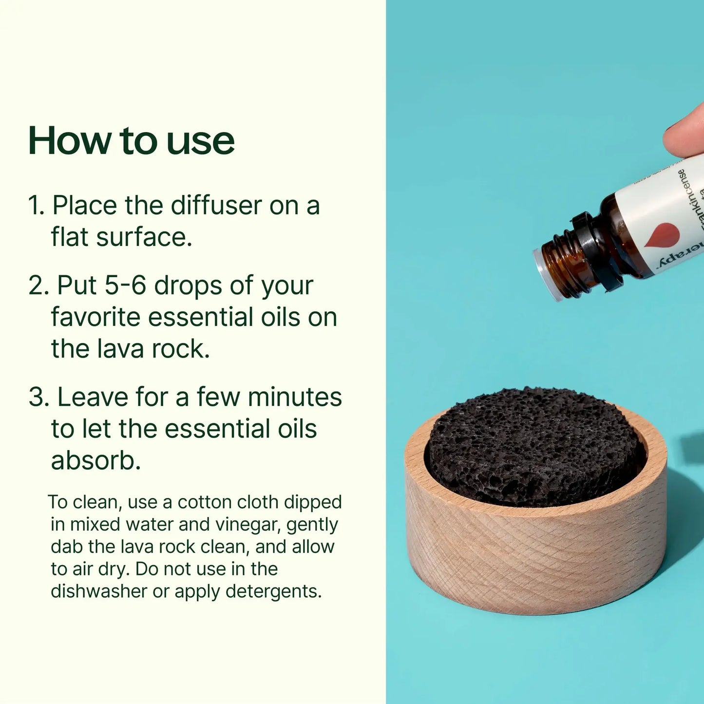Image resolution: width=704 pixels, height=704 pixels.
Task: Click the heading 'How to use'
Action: click(x=132, y=141)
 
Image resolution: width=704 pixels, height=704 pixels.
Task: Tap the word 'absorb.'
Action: click(x=95, y=460)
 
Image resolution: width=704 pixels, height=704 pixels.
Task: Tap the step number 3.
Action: click(x=37, y=397)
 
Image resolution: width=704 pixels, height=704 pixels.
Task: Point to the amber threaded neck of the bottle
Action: click(x=565, y=258)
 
